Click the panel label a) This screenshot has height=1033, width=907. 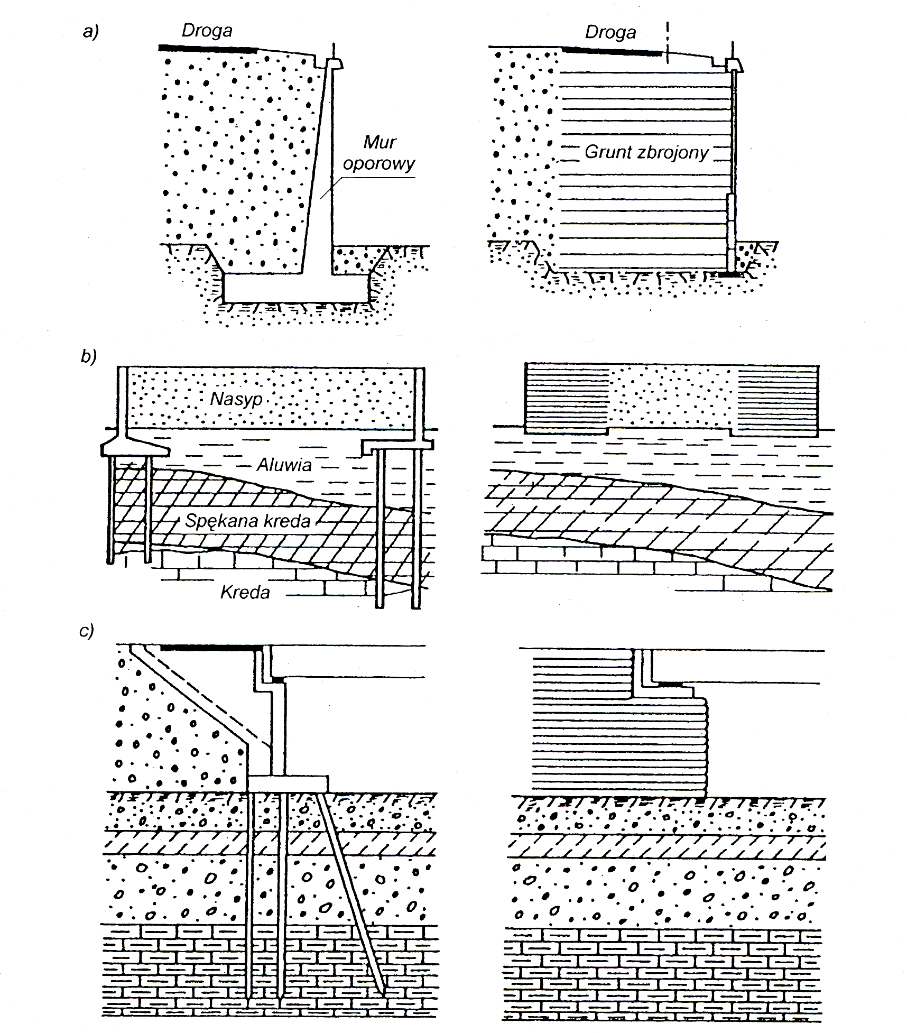tap(91, 32)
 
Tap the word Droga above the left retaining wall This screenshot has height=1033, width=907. tap(207, 31)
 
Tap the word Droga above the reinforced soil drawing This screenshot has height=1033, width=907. tap(610, 33)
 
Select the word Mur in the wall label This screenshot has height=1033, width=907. tap(380, 142)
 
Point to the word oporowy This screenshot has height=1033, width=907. tap(378, 164)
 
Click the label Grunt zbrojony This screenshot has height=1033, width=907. tap(646, 152)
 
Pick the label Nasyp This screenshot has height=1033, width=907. tap(236, 399)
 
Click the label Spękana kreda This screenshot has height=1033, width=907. tap(247, 521)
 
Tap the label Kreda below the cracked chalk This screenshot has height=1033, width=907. tap(245, 592)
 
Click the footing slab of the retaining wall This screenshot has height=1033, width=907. tap(296, 288)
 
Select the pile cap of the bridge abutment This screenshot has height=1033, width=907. tap(288, 783)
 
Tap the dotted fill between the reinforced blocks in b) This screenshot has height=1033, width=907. tap(672, 396)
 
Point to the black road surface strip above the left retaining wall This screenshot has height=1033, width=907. tap(208, 48)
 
